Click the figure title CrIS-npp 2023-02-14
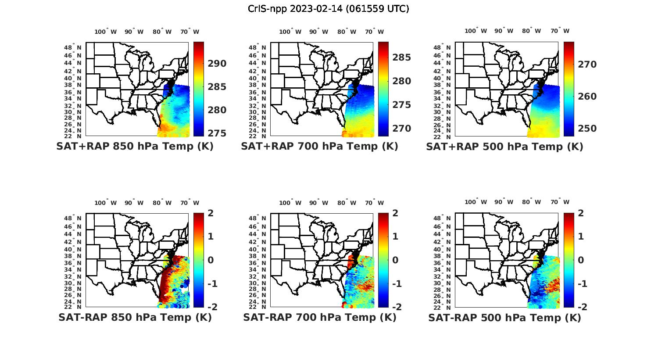point(328,8)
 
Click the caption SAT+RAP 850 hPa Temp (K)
point(135,146)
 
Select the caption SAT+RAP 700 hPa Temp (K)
point(319,146)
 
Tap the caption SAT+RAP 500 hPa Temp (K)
point(504,147)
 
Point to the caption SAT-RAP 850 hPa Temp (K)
point(135,317)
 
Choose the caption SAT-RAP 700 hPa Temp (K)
point(319,317)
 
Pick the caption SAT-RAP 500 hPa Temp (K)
point(504,318)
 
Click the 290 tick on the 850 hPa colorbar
point(217,64)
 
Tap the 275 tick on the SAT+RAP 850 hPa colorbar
point(217,133)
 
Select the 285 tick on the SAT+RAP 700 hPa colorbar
point(402,57)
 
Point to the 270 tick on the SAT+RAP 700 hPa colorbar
point(402,129)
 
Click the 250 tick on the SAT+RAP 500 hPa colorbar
point(587,129)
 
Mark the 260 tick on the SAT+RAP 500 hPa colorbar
point(587,97)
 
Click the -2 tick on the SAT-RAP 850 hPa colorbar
point(211,307)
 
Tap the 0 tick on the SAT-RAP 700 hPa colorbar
point(395,260)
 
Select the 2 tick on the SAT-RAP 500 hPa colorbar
point(580,213)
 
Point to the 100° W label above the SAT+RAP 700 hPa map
point(290,32)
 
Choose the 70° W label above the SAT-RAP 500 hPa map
point(560,202)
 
